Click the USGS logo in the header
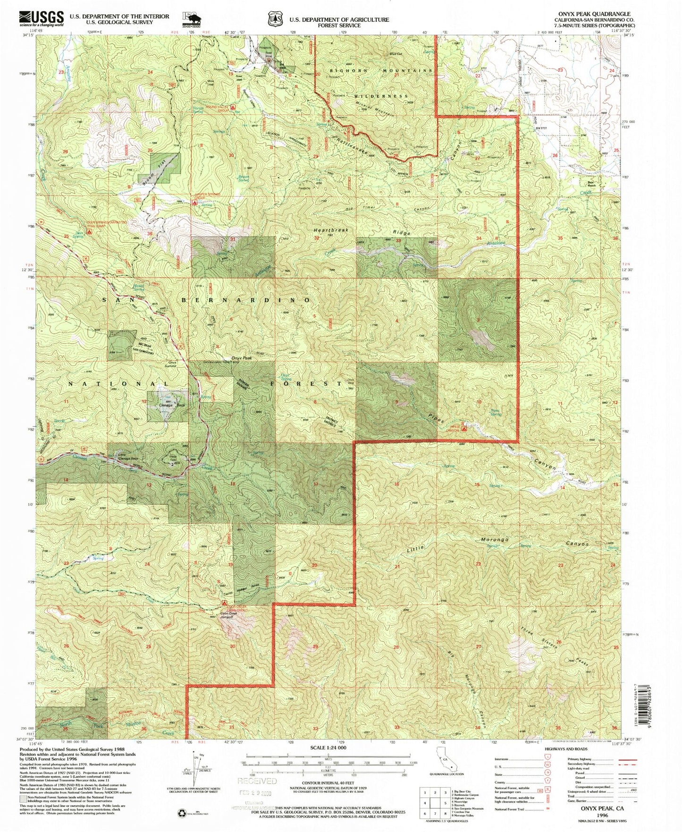click(41, 18)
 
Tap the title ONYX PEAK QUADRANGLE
click(596, 14)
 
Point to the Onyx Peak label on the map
click(241, 358)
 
